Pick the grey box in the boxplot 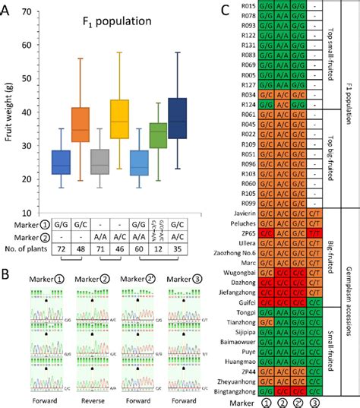(x=99, y=164)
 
